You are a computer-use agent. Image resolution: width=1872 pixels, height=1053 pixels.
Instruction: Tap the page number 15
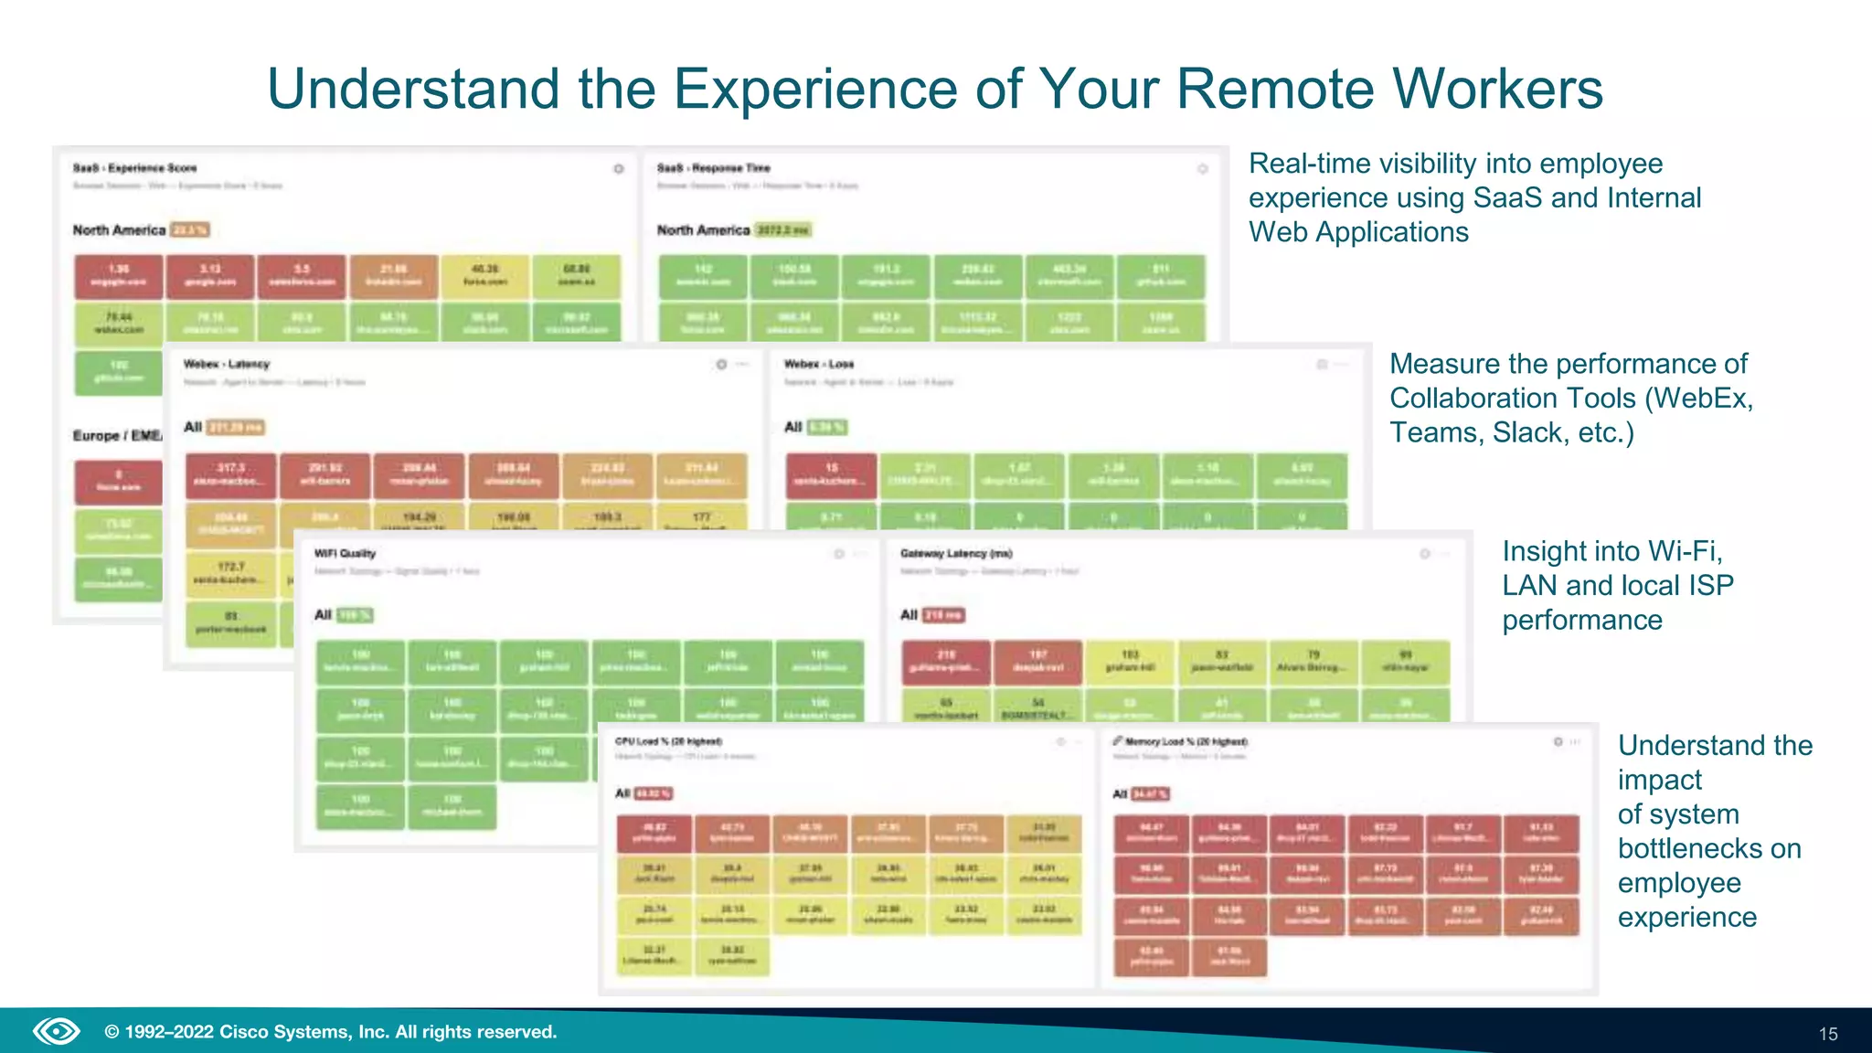[1827, 1034]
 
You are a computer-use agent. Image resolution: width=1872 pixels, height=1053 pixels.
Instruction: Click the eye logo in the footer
[57, 1032]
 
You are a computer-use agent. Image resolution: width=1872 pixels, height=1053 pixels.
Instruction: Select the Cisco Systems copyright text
[330, 1032]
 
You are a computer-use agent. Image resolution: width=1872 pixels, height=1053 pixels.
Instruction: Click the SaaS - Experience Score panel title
[134, 168]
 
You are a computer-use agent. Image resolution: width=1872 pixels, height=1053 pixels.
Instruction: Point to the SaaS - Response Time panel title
[713, 168]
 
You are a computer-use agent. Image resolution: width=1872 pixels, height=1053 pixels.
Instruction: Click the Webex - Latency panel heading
[226, 364]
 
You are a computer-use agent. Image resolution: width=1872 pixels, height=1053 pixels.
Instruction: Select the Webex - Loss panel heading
[818, 364]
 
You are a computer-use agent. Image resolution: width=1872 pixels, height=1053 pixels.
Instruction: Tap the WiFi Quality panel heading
[345, 553]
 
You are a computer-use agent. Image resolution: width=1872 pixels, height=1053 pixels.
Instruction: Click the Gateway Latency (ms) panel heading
[956, 553]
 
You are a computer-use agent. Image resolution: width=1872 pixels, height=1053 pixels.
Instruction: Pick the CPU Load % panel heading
[668, 741]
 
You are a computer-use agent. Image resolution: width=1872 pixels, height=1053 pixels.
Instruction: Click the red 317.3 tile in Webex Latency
[230, 474]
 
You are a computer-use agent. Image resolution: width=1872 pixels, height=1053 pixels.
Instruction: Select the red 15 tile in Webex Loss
[831, 473]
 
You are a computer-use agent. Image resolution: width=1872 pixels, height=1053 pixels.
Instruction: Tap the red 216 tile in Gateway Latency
[945, 661]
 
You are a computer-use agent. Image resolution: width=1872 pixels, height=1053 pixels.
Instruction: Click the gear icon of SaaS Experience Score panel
[619, 169]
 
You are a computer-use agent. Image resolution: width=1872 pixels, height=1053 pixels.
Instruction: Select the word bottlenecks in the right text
[1708, 848]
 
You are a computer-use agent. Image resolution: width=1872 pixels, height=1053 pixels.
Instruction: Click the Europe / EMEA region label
[117, 435]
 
